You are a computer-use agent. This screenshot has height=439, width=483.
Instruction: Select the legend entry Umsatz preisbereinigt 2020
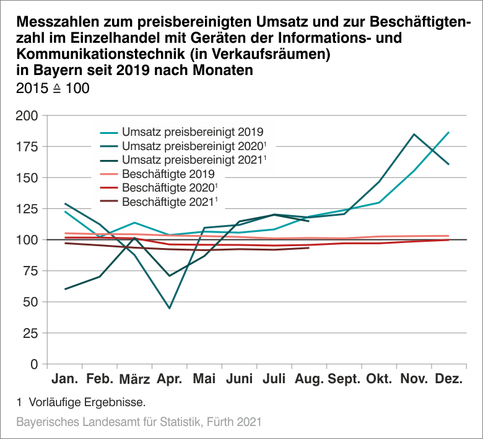[x=193, y=146]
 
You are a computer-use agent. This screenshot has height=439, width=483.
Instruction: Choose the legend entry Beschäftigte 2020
[x=170, y=187]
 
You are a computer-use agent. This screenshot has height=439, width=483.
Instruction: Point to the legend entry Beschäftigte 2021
[x=170, y=202]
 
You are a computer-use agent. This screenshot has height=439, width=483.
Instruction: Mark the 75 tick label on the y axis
[x=30, y=271]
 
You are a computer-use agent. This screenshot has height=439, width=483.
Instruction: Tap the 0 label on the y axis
[x=35, y=364]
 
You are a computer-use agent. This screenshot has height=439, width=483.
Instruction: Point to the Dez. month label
[x=449, y=379]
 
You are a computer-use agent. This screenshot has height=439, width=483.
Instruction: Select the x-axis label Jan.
[x=64, y=379]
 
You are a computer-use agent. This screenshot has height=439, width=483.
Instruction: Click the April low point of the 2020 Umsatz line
[x=169, y=308]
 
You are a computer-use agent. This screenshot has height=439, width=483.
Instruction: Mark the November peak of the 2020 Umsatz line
[x=414, y=135]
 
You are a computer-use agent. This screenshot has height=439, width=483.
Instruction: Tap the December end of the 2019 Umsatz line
[x=449, y=132]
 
